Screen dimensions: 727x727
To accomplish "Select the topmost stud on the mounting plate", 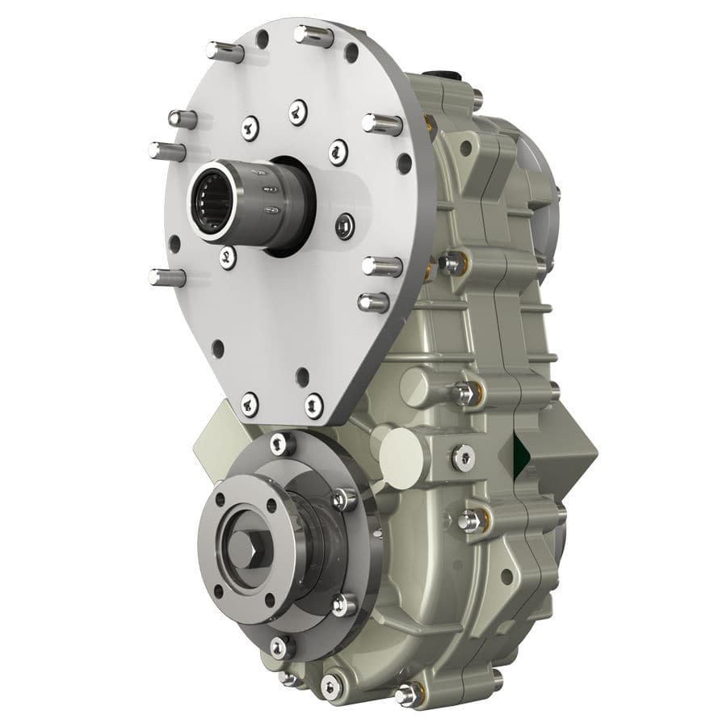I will [313, 36].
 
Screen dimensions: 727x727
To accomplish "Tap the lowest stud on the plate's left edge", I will [166, 277].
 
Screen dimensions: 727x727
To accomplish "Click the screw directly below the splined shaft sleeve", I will [229, 258].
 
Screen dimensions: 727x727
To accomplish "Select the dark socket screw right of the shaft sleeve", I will [345, 225].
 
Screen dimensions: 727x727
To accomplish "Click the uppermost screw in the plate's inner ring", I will [298, 111].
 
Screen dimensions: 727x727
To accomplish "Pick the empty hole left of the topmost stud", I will [263, 38].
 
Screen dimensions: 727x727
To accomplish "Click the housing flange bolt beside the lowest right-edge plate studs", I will [452, 262].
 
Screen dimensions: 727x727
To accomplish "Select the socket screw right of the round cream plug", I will [463, 457].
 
